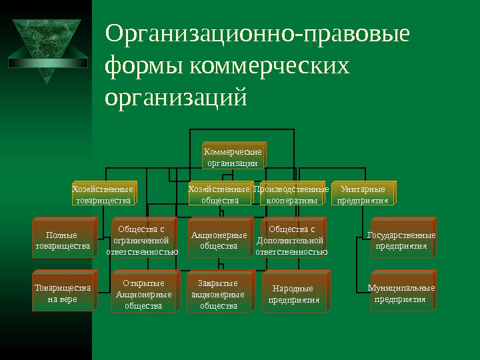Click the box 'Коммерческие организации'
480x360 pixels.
click(x=232, y=156)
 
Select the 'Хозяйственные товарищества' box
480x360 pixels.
click(x=102, y=194)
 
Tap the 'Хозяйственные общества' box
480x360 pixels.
click(x=219, y=194)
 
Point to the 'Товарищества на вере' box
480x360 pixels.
click(x=62, y=293)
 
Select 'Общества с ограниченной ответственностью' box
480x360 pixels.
click(x=142, y=241)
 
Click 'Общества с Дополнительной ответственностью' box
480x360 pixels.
click(x=291, y=241)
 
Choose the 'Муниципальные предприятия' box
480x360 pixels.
click(x=401, y=293)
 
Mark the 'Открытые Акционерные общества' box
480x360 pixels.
click(x=143, y=294)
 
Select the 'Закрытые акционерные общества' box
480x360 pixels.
click(x=217, y=294)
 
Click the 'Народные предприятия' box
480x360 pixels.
click(x=293, y=294)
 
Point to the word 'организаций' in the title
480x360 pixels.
click(x=176, y=98)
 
